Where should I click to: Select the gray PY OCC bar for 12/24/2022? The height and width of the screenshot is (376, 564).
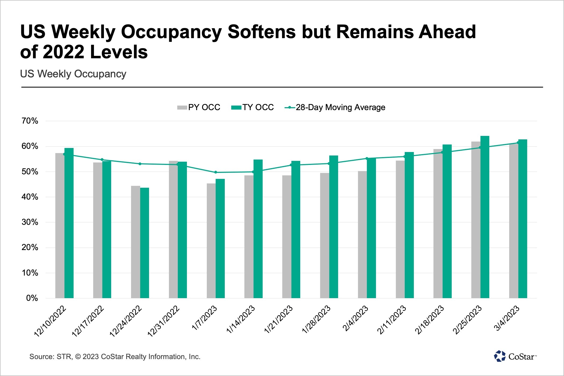point(135,242)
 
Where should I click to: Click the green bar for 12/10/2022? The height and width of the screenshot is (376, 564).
point(69,223)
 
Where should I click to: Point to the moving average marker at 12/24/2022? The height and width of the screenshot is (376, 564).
point(140,164)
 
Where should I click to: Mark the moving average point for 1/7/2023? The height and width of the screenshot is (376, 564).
point(216,172)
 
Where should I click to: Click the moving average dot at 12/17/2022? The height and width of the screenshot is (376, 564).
point(102,160)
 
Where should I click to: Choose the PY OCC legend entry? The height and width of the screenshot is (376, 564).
point(199,107)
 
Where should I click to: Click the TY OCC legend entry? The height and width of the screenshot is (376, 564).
point(252,107)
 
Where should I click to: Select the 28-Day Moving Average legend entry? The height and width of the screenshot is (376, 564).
point(335,107)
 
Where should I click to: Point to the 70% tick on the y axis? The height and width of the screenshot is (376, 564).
point(30,121)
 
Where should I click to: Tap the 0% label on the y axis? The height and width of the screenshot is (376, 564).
point(32,298)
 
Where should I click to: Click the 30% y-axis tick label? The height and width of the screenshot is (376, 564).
point(30,222)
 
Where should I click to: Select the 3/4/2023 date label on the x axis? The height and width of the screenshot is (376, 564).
point(507,318)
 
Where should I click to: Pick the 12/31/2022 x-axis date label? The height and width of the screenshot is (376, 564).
point(164,321)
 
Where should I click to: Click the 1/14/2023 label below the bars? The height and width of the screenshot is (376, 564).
point(240,320)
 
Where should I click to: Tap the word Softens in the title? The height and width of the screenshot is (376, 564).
point(261,32)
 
